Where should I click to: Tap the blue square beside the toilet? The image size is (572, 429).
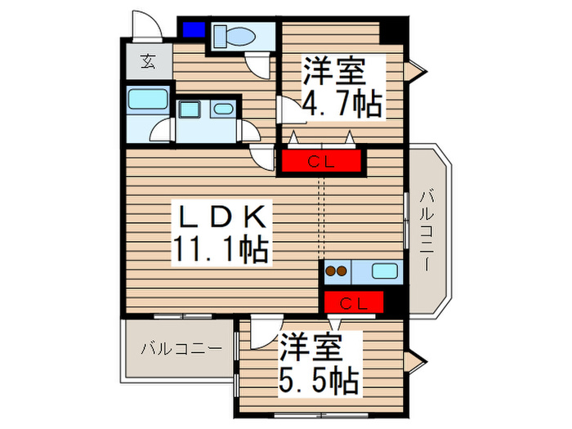[194, 30]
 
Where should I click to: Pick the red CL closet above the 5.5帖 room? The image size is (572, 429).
[354, 304]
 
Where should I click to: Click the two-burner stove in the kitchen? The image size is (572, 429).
[336, 270]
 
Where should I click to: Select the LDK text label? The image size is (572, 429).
[221, 218]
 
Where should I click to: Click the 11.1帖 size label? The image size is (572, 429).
[221, 250]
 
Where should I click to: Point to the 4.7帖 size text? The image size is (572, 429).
[343, 105]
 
